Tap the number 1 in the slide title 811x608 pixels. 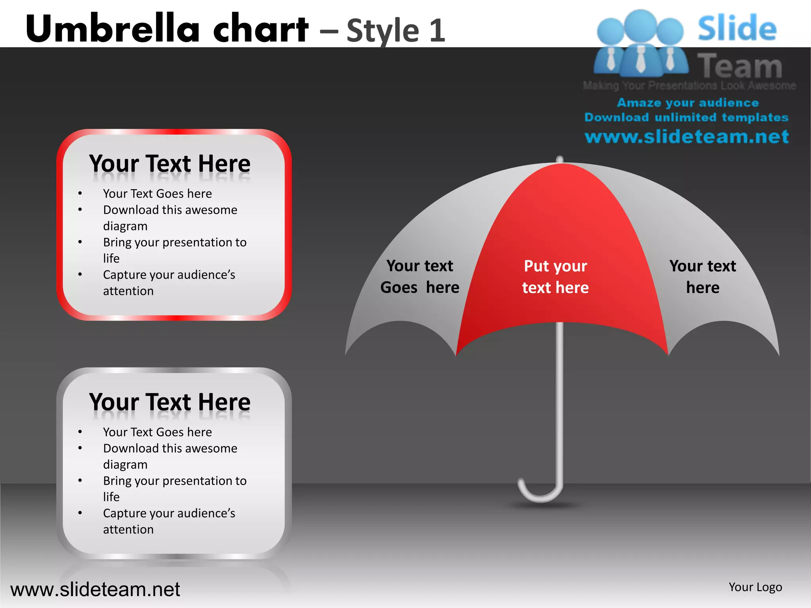tap(437, 30)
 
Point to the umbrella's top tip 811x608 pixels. tap(560, 159)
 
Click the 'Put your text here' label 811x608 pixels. tap(555, 277)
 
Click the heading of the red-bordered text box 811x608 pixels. tap(169, 163)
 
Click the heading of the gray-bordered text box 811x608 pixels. tap(169, 402)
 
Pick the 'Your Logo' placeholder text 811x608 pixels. tap(755, 587)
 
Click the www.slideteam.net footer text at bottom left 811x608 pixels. tap(95, 589)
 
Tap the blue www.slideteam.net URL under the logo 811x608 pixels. tap(687, 137)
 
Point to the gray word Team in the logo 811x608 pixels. tap(740, 66)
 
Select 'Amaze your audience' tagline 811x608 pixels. tap(688, 103)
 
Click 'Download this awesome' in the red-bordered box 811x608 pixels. tap(170, 210)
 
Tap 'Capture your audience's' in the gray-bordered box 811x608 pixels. tap(169, 513)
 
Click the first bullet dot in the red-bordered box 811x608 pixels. tap(80, 194)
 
